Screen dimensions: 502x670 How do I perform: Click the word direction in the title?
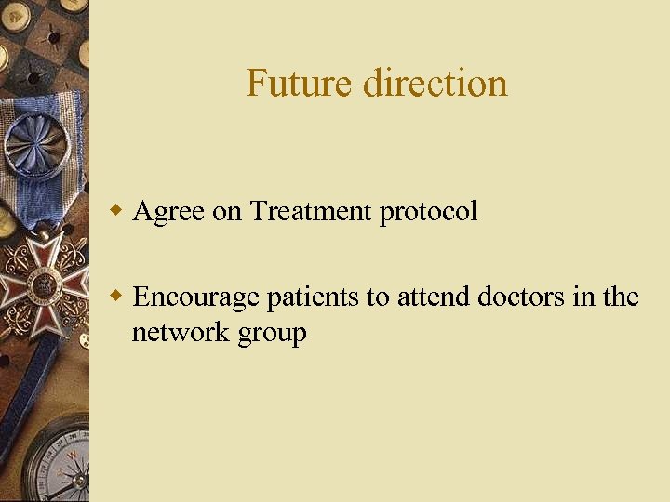435,83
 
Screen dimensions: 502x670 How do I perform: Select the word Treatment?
311,211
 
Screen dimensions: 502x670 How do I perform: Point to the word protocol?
428,212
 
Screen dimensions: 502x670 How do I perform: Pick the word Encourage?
197,297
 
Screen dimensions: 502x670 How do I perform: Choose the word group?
273,334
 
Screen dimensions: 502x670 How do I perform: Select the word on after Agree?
227,212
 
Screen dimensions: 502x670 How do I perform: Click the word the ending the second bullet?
621,297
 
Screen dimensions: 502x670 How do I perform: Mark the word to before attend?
378,297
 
